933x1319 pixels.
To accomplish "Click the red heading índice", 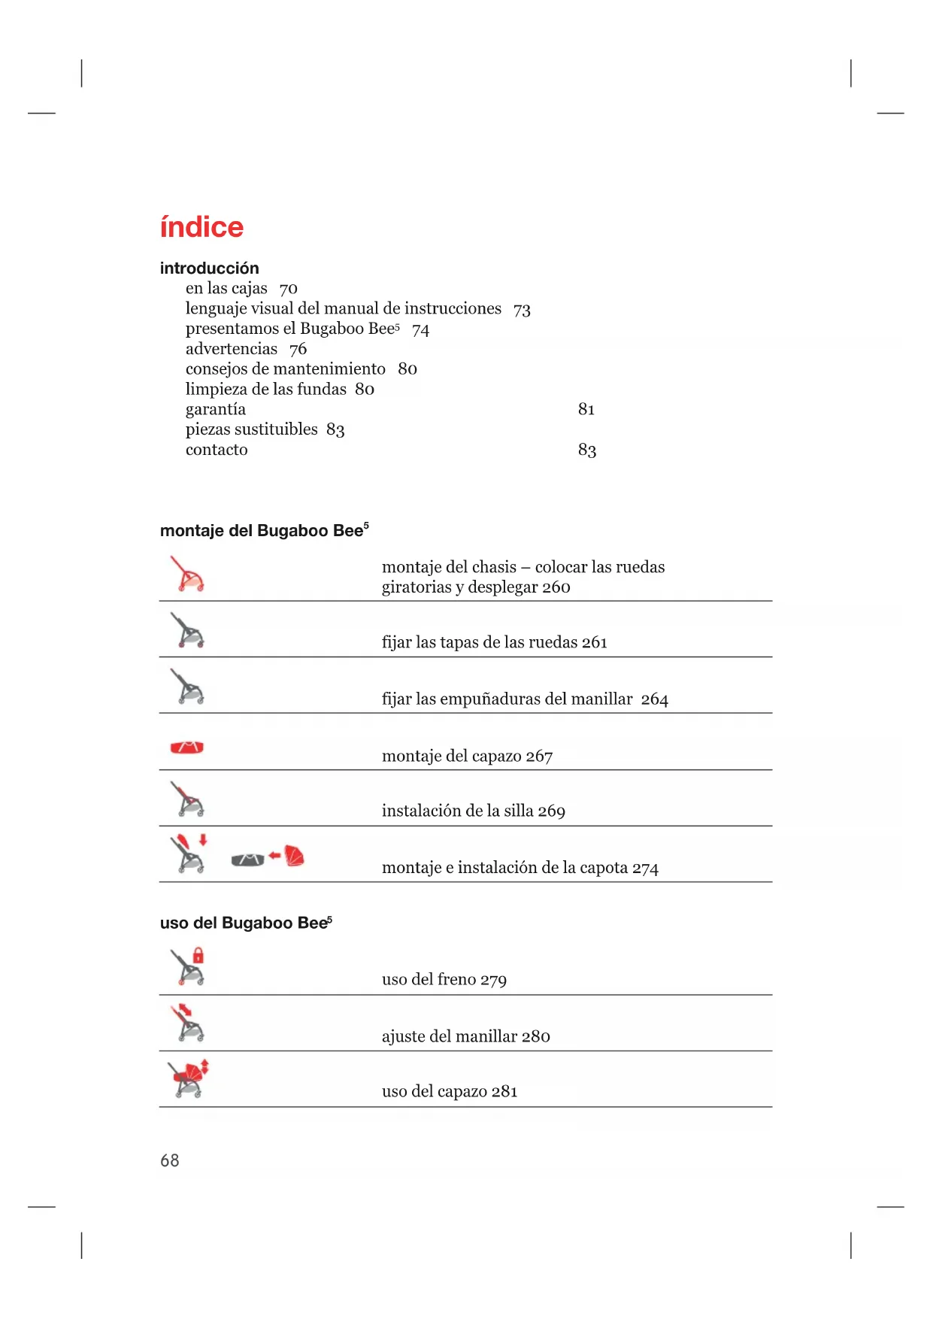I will click(201, 227).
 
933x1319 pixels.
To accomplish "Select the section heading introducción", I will click(209, 268).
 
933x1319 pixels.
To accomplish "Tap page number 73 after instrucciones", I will click(522, 310).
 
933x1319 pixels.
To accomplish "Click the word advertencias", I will click(232, 349).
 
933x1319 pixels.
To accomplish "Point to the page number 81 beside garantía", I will click(586, 409).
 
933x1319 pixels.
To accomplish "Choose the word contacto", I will click(217, 450).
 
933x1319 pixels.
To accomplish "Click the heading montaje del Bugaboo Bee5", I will click(264, 531).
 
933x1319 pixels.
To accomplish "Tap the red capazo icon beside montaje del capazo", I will click(187, 747).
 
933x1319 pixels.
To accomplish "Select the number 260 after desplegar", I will click(556, 587).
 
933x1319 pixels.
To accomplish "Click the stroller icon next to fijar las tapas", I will click(187, 630).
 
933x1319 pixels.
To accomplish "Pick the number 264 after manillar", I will click(654, 699).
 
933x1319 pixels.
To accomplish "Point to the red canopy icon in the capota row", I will click(295, 856).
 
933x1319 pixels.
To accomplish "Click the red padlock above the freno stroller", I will click(198, 956).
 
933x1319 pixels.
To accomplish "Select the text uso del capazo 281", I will click(450, 1091).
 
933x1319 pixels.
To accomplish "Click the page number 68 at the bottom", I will click(170, 1160).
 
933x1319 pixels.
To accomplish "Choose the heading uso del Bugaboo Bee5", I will click(246, 923).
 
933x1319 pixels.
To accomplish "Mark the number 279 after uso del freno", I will click(493, 980).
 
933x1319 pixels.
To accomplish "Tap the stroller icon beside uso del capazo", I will click(188, 1079).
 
